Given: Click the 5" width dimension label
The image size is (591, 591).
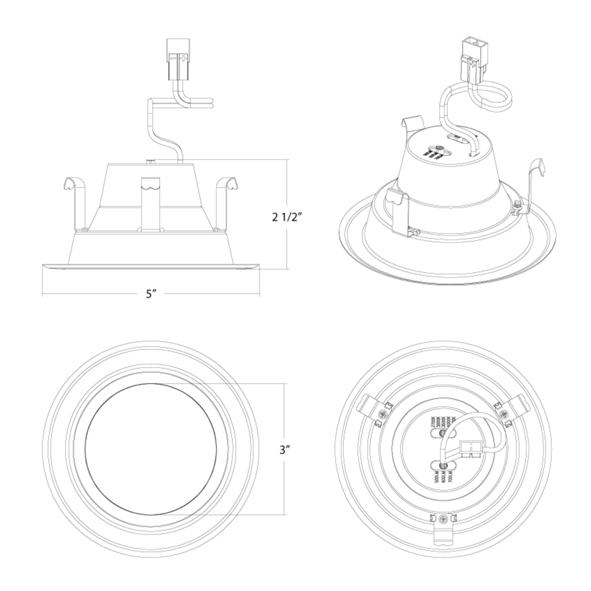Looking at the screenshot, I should [x=151, y=294].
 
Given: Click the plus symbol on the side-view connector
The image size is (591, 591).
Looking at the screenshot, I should [x=183, y=58].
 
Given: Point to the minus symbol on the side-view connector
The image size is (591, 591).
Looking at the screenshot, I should [x=173, y=58].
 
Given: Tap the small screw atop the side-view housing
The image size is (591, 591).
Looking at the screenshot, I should [x=150, y=161].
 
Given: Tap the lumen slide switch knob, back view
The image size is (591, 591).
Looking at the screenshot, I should [x=442, y=475].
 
